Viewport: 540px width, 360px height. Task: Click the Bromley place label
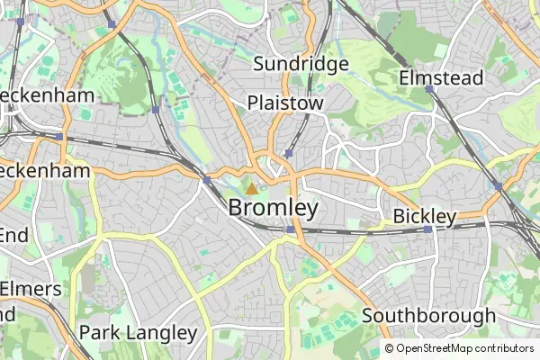pos(273,208)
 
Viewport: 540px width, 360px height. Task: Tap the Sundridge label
pos(300,64)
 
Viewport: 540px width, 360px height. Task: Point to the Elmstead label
pos(441,77)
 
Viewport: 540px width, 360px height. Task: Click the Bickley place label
pos(425,217)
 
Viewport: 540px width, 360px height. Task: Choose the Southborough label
pos(428,316)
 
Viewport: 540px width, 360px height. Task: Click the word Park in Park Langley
pos(99,333)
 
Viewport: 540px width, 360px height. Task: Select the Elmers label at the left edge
pos(31,289)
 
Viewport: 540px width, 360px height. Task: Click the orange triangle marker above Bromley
pos(251,189)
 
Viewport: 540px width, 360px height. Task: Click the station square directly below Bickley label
pos(427,229)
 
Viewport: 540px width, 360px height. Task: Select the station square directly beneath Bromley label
pos(288,229)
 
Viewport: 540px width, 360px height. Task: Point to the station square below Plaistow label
pos(287,153)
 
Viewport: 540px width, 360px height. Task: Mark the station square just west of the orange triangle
pos(207,180)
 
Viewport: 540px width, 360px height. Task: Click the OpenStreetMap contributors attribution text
pos(459,348)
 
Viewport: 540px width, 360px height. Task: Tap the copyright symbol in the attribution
pos(390,348)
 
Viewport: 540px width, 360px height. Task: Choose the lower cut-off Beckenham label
pos(45,171)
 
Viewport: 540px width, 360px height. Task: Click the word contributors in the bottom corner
pos(505,348)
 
